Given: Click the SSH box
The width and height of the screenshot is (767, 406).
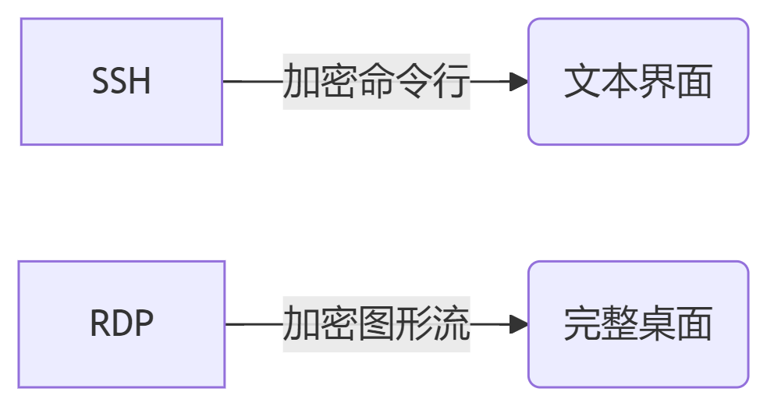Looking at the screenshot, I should pos(122,82).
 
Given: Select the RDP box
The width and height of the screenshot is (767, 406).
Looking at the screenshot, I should pos(122,324).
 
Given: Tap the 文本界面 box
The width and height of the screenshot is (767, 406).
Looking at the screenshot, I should pos(638,82).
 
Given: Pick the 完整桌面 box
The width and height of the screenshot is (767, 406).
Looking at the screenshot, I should pos(638,324).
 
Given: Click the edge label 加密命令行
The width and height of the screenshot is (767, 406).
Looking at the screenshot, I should pos(376,82).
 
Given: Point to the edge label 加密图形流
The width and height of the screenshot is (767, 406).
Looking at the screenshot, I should pos(376,324).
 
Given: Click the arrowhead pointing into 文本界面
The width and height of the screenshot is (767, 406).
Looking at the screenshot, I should pos(519,82).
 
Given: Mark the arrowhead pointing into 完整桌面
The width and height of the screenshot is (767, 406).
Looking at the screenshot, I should pos(519,324).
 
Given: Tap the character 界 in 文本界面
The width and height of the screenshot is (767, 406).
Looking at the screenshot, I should pos(657,82).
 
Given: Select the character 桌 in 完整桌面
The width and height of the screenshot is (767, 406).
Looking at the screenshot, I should pos(657,324).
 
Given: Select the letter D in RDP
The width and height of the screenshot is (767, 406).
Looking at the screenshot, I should pos(122,324).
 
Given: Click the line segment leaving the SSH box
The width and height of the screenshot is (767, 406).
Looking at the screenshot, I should pos(251,81).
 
